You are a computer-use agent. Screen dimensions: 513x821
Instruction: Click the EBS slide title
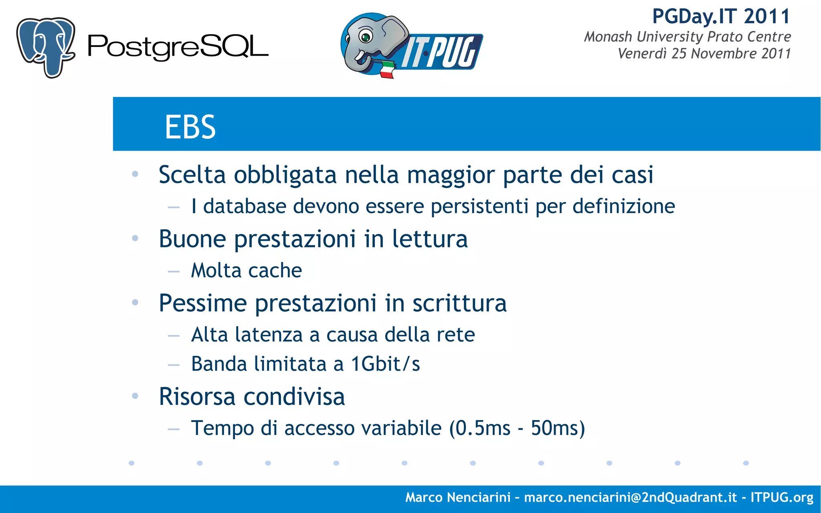pos(190,127)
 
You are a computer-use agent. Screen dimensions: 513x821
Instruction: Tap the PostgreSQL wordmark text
pos(178,48)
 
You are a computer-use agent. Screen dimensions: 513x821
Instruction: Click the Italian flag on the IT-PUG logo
pos(387,70)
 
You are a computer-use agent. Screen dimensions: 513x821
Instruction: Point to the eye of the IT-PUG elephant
pos(366,37)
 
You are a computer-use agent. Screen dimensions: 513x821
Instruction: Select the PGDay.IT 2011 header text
pos(721,17)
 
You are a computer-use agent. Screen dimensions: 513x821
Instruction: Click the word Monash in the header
pos(608,36)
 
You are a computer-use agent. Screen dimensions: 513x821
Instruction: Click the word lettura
pos(429,239)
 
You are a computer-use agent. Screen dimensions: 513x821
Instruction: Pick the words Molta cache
pos(246,271)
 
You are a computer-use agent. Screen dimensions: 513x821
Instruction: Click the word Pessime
pos(202,303)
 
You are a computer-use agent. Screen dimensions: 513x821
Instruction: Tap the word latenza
pos(269,335)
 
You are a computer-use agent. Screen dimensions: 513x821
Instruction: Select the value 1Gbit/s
pos(385,364)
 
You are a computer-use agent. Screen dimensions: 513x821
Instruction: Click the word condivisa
pos(294,397)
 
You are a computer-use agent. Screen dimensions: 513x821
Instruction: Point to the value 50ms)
pos(558,428)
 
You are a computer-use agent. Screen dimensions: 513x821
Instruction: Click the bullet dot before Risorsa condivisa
pos(135,396)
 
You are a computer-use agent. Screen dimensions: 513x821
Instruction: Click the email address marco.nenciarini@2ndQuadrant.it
pos(630,497)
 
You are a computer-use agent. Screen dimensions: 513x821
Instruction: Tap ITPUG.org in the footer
pos(782,497)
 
